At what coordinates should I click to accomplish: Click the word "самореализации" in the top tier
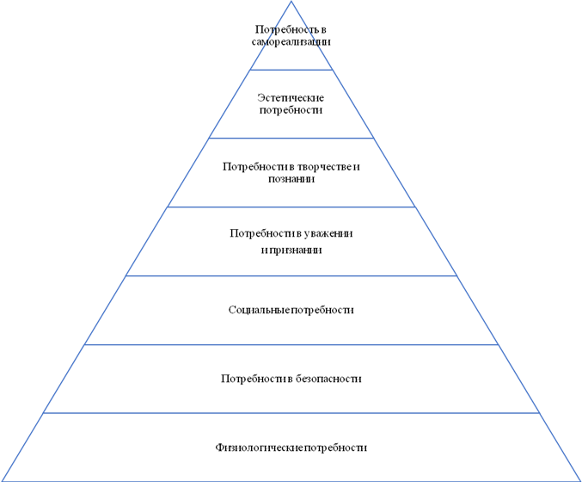click(291, 41)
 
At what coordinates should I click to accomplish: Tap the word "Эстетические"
click(291, 98)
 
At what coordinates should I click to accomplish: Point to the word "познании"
click(291, 179)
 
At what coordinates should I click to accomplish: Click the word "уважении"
click(328, 234)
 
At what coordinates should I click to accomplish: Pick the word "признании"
click(296, 250)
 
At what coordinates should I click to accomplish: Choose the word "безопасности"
click(328, 379)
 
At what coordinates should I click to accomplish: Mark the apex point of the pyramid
click(291, 1)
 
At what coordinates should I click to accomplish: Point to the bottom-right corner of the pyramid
click(581, 481)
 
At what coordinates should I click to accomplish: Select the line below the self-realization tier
click(291, 70)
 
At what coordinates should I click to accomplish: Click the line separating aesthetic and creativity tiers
click(291, 139)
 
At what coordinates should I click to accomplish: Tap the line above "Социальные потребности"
click(291, 275)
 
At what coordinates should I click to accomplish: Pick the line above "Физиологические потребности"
click(291, 413)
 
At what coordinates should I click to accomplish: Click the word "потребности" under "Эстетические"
click(291, 110)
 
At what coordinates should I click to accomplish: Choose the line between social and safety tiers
click(291, 344)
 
